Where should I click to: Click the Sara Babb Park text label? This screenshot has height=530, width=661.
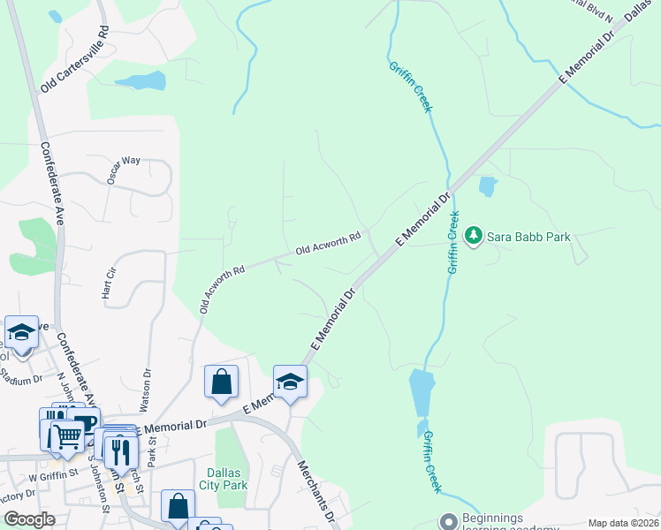pyautogui.click(x=530, y=237)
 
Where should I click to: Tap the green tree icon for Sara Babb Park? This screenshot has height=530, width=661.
pyautogui.click(x=474, y=237)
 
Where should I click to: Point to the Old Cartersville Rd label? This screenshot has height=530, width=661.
pyautogui.click(x=74, y=60)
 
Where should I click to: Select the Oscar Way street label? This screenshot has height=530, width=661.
pyautogui.click(x=124, y=170)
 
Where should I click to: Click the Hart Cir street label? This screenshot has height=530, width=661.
pyautogui.click(x=110, y=283)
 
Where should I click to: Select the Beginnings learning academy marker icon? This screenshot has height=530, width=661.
pyautogui.click(x=448, y=521)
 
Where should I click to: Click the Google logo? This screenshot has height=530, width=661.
pyautogui.click(x=29, y=519)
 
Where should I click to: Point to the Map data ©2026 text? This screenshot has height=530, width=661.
pyautogui.click(x=623, y=523)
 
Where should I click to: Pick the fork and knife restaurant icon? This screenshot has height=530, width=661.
pyautogui.click(x=121, y=451)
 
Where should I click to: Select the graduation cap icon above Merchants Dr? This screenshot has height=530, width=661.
pyautogui.click(x=289, y=382)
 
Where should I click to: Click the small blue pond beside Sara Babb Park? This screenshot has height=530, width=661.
pyautogui.click(x=487, y=186)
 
